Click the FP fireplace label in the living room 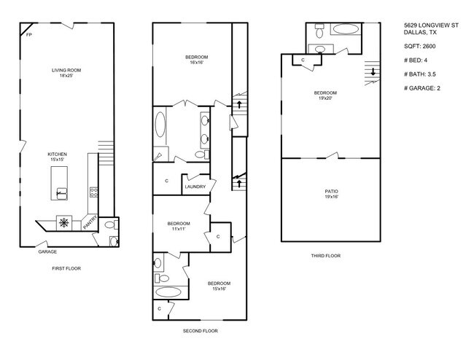pyautogui.click(x=29, y=34)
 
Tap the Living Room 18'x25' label pyautogui.click(x=66, y=73)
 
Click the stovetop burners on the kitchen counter pyautogui.click(x=93, y=193)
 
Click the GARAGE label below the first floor pyautogui.click(x=48, y=251)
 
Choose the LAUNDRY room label pyautogui.click(x=195, y=187)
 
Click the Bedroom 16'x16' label pyautogui.click(x=196, y=60)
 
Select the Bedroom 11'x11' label pyautogui.click(x=179, y=226)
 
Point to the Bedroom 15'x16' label pyautogui.click(x=218, y=286)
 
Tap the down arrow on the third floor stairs pyautogui.click(x=374, y=71)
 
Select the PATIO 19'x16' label pyautogui.click(x=331, y=194)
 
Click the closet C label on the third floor pyautogui.click(x=303, y=60)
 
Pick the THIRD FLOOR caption pyautogui.click(x=325, y=256)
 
